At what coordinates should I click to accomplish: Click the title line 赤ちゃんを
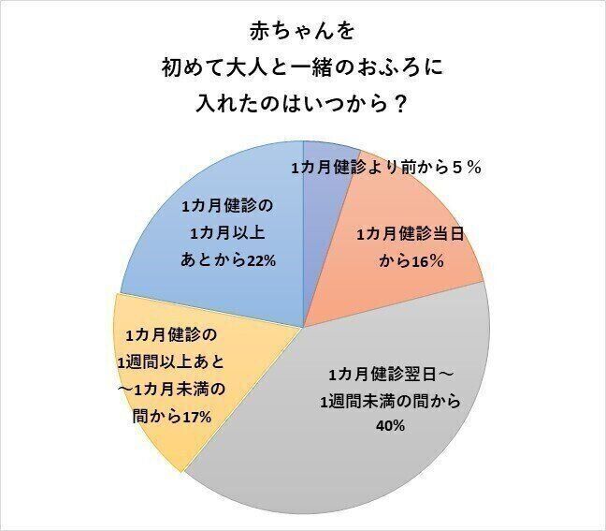click(x=302, y=31)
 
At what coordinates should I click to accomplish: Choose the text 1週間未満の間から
click(x=386, y=399)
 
